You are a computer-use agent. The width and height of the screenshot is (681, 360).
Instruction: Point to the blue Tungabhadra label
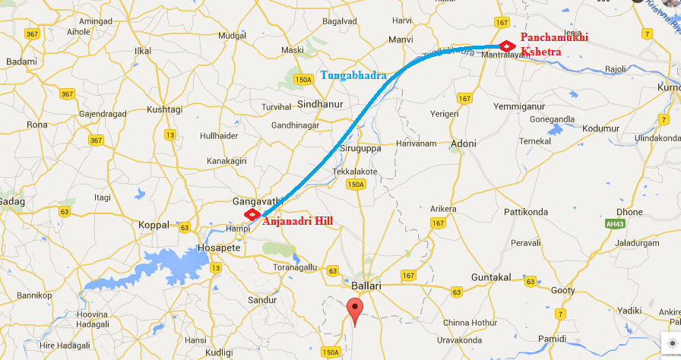coord(353,75)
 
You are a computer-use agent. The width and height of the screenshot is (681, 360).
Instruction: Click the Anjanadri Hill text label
coord(297,222)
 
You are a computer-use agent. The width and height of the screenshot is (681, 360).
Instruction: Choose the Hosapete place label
coord(218,248)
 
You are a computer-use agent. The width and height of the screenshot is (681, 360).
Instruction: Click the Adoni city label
coord(463,144)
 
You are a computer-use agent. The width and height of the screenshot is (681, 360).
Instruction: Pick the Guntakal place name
coord(491,277)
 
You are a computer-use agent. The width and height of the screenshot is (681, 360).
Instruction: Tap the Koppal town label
coord(154,226)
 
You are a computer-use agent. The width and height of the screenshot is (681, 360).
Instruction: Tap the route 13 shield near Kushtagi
coord(169,134)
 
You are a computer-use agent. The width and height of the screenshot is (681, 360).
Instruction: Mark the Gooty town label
coord(563,291)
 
